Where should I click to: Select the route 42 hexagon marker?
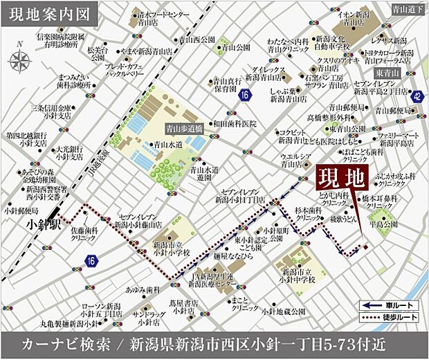(x=416, y=98)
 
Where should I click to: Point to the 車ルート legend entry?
(x=390, y=305)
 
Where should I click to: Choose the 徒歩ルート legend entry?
(x=390, y=317)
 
